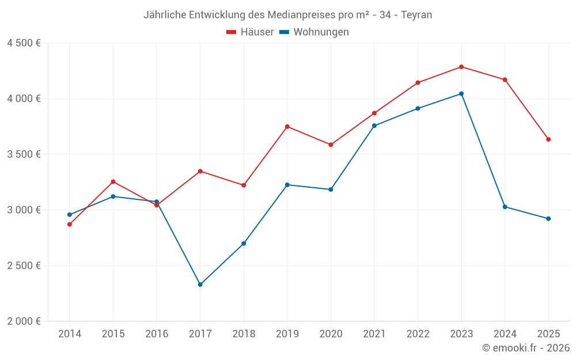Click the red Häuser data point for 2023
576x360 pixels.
tap(461, 67)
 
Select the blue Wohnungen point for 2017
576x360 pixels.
tap(200, 285)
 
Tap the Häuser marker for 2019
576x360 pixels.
tap(287, 127)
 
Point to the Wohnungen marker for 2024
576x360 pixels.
tap(505, 207)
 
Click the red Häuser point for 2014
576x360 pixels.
tap(69, 224)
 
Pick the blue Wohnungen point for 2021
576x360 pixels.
tap(374, 126)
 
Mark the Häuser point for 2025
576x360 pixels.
tap(548, 139)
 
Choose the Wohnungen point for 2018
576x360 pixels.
tap(244, 244)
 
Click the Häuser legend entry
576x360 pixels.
tap(250, 32)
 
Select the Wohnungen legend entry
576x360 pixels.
tap(314, 32)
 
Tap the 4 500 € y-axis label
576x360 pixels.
tap(24, 43)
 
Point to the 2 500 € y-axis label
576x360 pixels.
tap(24, 266)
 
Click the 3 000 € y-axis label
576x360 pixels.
tap(24, 210)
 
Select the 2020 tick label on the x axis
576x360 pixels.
tap(331, 334)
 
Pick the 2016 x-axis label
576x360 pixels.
tap(157, 334)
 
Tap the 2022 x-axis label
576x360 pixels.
tap(418, 334)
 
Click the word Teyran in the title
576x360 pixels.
tap(416, 15)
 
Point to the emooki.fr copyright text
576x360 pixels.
tap(526, 348)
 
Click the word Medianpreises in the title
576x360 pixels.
tap(302, 15)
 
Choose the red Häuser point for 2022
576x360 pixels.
tap(418, 82)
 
